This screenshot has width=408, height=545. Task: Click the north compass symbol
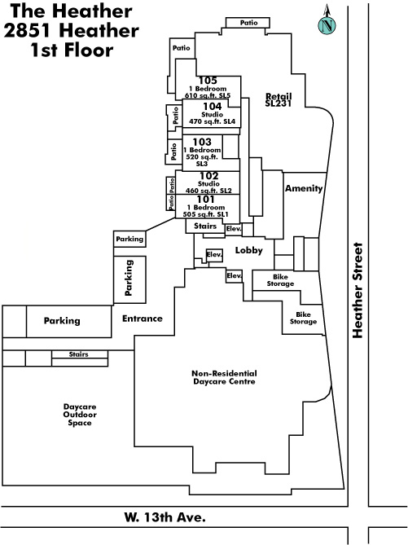coord(327,20)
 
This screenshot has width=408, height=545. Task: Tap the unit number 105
coord(208,81)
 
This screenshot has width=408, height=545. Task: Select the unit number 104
coord(212,106)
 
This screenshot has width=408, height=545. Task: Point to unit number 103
coord(202,142)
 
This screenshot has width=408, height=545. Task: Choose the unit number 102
coord(208,176)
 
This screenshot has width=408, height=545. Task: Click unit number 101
coord(206,200)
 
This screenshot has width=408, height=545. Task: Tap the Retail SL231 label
coord(279,99)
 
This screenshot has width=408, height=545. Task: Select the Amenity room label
coord(304,188)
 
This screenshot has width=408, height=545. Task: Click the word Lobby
coord(249,250)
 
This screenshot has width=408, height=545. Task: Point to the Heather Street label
coord(358,290)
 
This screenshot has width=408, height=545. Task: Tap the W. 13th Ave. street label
coord(165,517)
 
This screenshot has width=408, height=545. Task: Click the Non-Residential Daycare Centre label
coord(224,377)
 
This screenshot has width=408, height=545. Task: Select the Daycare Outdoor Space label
coord(80,415)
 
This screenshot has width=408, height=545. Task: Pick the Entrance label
coord(143,319)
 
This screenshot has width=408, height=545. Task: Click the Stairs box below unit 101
coord(205,226)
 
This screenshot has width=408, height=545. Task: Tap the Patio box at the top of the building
coord(248,23)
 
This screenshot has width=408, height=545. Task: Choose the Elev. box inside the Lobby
coord(214,255)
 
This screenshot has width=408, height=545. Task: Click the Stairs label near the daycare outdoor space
coord(78,354)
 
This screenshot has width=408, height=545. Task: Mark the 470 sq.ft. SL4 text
coord(212,121)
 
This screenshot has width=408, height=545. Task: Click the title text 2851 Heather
coord(71,31)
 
